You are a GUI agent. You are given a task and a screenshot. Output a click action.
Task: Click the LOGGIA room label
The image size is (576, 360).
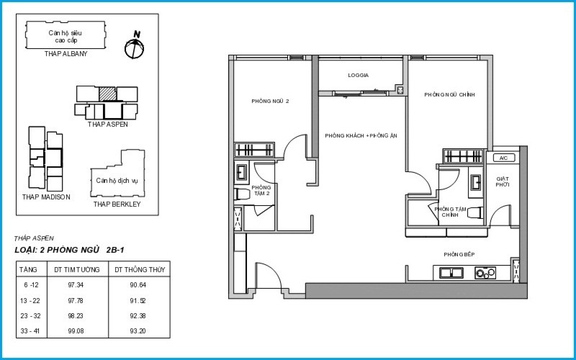click(358, 76)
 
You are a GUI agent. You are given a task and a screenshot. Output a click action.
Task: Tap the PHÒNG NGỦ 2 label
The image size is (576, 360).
click(270, 101)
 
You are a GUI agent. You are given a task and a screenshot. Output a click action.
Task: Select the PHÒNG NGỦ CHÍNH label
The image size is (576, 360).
click(449, 95)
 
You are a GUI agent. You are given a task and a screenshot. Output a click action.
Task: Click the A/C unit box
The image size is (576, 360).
click(503, 158)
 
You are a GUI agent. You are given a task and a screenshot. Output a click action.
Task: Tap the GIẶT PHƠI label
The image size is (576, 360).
click(502, 182)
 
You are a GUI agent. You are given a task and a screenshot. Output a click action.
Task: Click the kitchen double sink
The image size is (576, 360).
click(451, 273)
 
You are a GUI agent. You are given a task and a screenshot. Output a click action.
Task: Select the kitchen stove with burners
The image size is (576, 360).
click(485, 273)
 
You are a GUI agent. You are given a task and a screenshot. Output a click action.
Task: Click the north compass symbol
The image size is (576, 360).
click(134, 47)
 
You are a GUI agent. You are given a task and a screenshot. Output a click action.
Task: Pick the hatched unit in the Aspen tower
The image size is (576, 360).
click(107, 94)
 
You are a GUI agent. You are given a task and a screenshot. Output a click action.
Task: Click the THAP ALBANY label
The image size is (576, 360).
click(66, 54)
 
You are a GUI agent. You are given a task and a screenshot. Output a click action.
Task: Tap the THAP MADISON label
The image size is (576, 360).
click(46, 197)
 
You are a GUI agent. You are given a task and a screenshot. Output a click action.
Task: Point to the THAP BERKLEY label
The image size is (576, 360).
click(117, 204)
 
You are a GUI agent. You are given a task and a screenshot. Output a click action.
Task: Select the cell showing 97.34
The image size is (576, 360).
click(76, 285)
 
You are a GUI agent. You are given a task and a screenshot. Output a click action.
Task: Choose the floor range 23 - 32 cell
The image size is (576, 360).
click(30, 316)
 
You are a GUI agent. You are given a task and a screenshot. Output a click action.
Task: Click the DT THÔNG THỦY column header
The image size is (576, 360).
click(140, 269)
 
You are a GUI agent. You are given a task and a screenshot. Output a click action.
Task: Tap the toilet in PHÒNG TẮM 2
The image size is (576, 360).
click(243, 194)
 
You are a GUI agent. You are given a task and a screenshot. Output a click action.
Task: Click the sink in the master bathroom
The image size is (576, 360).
click(476, 182)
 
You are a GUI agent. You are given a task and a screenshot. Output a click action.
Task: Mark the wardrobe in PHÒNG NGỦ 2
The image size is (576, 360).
click(254, 150)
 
